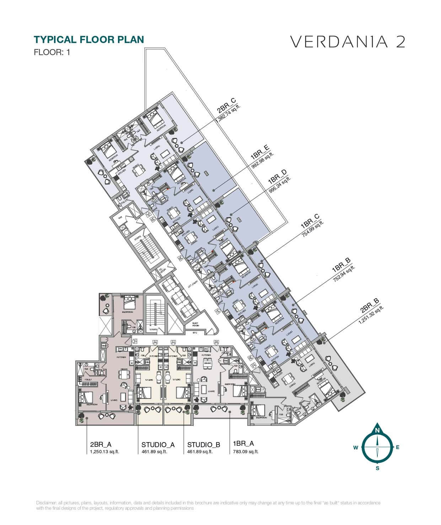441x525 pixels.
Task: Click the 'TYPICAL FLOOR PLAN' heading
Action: point(88,39)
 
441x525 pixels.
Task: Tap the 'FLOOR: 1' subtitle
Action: point(52,52)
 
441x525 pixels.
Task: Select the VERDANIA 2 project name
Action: point(348,42)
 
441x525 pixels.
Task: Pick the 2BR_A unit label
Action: point(101,444)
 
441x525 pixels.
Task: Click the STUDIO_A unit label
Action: point(158,444)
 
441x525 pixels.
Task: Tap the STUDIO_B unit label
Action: point(204,444)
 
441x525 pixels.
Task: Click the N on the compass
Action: point(377,430)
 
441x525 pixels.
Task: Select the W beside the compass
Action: point(355,448)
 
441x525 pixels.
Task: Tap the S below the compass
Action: point(377,468)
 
